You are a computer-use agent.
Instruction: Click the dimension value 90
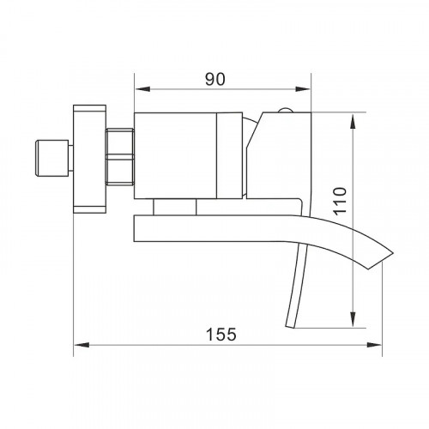pyautogui.click(x=215, y=79)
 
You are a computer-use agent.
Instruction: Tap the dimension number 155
pyautogui.click(x=221, y=335)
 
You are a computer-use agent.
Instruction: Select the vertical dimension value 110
pyautogui.click(x=340, y=201)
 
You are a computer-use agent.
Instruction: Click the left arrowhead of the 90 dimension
pyautogui.click(x=142, y=89)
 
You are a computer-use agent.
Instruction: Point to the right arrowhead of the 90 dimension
pyautogui.click(x=303, y=89)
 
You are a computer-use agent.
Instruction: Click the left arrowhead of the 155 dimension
pyautogui.click(x=82, y=345)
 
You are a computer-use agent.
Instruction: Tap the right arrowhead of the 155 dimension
pyautogui.click(x=374, y=345)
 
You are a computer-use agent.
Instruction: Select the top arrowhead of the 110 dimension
pyautogui.click(x=353, y=121)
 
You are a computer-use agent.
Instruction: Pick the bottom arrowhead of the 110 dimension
pyautogui.click(x=353, y=319)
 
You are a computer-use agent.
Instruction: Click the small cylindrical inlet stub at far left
pyautogui.click(x=52, y=158)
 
